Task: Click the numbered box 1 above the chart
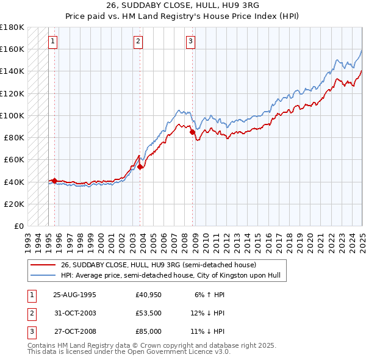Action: [x=53, y=41]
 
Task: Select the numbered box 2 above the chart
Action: [x=138, y=41]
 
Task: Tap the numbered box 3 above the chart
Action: [x=190, y=41]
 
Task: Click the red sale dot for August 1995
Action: [x=54, y=181]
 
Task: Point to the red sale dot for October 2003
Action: [x=140, y=166]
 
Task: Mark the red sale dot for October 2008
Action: [x=192, y=131]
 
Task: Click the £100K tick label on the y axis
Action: [x=12, y=115]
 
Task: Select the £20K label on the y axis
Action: [x=15, y=204]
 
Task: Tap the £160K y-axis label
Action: [x=12, y=48]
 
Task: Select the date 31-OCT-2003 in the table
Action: [x=75, y=313]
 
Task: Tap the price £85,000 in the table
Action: [x=149, y=331]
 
